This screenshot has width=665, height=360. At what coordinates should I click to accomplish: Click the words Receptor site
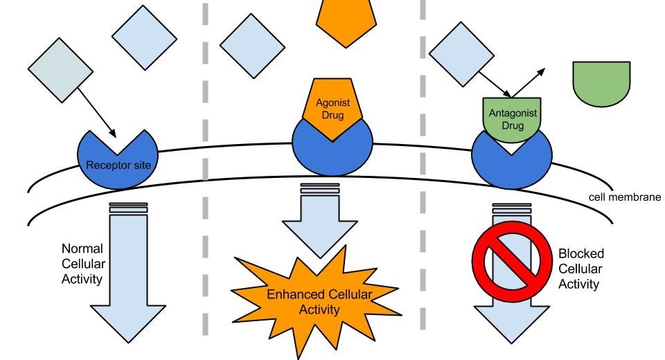[118, 165]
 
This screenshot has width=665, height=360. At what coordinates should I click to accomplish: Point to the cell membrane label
[624, 197]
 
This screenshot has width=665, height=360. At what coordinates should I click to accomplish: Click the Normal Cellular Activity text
[83, 264]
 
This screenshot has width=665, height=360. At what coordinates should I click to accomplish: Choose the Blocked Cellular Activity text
[580, 269]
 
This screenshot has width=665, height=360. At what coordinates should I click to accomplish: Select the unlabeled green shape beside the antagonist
[601, 82]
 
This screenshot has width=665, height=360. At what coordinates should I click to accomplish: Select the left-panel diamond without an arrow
[144, 37]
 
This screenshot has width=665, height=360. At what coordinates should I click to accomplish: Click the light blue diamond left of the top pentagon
[253, 46]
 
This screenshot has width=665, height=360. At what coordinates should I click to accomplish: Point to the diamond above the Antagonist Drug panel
[462, 54]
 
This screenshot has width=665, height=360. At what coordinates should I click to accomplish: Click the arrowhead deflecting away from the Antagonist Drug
[542, 71]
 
